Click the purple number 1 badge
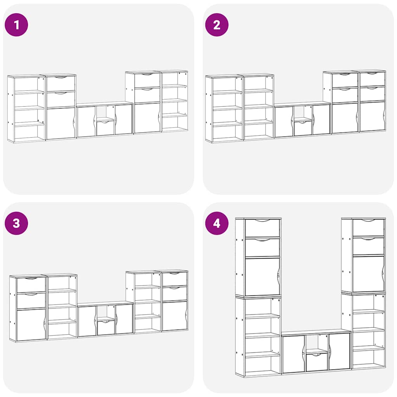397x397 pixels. tap(16, 25)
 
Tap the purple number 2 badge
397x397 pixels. tap(217, 25)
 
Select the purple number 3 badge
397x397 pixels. tap(16, 223)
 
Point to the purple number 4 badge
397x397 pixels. tap(217, 223)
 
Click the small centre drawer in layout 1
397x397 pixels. tap(105, 128)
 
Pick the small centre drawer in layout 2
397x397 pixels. tap(303, 128)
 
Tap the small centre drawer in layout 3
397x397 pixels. tap(106, 327)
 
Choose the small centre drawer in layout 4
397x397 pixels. tap(316, 362)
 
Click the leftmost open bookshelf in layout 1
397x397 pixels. tap(26, 109)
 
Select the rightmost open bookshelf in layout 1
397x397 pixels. tap(174, 102)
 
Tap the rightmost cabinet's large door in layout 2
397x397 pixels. tap(372, 116)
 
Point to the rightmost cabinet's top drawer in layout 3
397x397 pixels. tap(174, 279)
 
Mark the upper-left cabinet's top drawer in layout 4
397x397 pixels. tap(262, 228)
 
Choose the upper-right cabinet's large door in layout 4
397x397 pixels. tap(369, 274)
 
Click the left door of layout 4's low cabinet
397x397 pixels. tap(293, 354)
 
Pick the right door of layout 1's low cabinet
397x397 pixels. tap(124, 120)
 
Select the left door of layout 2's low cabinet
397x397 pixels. tap(284, 122)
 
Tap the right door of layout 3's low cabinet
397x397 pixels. tap(124, 319)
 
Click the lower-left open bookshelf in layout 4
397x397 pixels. tap(258, 336)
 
